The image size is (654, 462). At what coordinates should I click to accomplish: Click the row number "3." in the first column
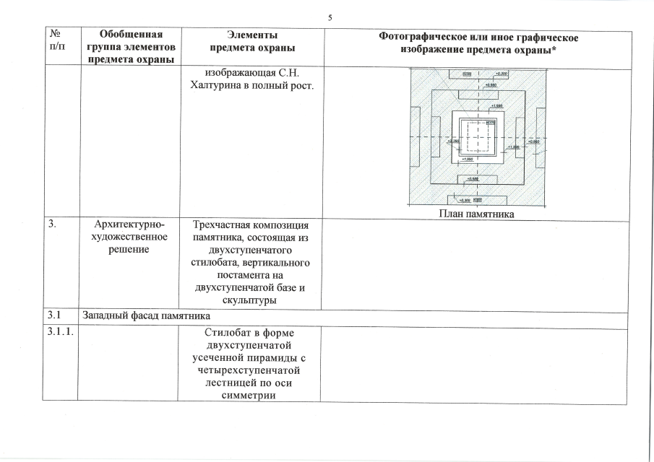click(53, 225)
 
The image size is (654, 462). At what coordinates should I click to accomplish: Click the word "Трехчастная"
click(222, 225)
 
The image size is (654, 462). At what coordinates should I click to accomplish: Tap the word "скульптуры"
click(249, 300)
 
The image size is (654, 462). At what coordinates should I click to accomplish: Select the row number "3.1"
click(55, 315)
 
